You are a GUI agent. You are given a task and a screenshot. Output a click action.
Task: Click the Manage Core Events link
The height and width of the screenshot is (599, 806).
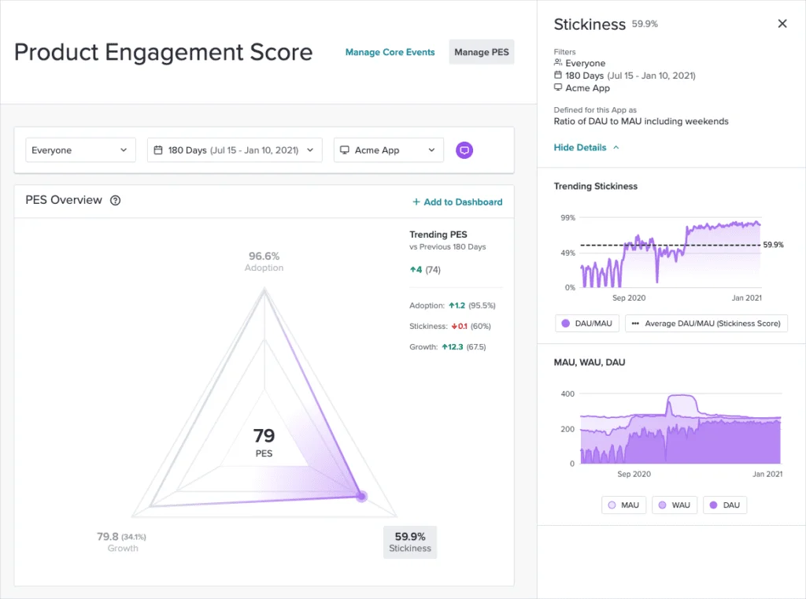point(390,52)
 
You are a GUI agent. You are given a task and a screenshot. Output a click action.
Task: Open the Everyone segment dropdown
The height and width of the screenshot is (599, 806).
point(80,150)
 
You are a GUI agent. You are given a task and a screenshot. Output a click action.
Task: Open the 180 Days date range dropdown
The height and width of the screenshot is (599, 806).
point(235,150)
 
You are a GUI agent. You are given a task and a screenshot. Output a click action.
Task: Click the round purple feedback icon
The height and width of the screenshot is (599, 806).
point(464,150)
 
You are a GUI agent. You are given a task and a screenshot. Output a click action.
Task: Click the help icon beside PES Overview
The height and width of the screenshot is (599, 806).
point(116,201)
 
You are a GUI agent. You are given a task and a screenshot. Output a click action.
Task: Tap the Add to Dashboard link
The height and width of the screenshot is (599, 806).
point(457,202)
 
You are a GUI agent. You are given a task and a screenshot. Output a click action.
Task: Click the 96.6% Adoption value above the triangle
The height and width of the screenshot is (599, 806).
point(264,257)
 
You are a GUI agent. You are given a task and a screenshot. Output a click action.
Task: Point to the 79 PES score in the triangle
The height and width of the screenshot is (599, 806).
point(264,436)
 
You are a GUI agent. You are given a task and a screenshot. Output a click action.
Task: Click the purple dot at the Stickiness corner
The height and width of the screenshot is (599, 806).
point(361,496)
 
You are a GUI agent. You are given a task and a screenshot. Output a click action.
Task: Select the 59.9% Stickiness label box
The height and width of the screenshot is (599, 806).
point(410,542)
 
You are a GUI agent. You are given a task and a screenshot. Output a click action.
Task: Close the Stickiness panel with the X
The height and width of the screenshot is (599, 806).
point(782,24)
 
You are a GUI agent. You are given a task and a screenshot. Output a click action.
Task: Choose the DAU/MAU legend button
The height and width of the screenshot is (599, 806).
point(586,324)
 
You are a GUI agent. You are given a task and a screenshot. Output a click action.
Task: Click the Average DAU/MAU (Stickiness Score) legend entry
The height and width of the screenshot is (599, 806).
point(706,324)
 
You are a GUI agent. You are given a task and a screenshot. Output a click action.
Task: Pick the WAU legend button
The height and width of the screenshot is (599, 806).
point(675,505)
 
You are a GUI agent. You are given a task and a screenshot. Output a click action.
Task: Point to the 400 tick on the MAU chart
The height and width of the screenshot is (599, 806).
point(567,394)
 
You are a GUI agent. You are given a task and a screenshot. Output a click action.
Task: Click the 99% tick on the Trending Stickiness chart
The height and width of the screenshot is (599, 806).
point(567,217)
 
